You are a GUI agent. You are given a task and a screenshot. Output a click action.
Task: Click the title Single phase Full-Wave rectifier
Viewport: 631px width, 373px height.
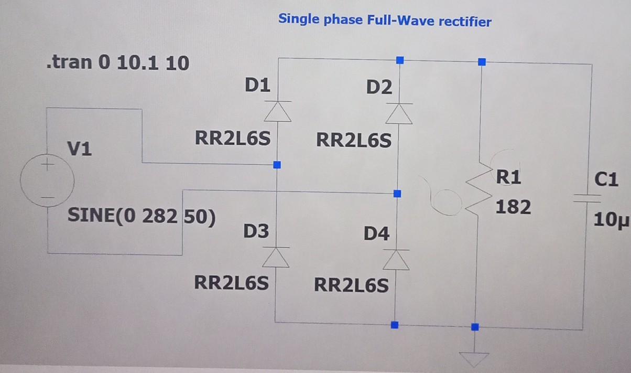coord(385,20)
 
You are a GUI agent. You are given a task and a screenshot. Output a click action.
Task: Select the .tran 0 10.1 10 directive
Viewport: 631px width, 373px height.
coord(118,63)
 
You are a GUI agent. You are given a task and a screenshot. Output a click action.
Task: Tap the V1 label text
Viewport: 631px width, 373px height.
coord(79,150)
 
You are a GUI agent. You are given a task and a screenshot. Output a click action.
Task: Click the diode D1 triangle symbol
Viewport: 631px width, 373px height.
coord(277,111)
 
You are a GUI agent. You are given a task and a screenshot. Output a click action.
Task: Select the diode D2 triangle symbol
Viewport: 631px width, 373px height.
coord(399,113)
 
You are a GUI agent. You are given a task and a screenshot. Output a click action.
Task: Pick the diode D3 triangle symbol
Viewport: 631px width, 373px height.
coord(275,257)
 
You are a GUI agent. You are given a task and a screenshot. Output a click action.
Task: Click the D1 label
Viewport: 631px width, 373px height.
coord(257,85)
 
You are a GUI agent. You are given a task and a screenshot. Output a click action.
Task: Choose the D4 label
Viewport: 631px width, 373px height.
coord(377,233)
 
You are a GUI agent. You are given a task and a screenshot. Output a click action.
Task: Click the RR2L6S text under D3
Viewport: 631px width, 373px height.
coord(231,283)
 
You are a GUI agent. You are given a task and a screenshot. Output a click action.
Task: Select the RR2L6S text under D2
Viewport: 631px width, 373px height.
coord(353,141)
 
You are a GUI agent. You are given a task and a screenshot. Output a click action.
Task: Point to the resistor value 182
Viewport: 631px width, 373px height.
coord(513,207)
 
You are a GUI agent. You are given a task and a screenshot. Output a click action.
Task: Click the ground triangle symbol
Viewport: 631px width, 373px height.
coord(474,359)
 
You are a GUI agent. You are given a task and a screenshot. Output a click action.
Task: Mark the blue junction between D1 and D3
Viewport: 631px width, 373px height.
coord(277,165)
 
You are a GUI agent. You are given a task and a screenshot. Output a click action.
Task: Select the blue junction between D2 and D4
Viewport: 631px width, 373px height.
coord(397,194)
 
